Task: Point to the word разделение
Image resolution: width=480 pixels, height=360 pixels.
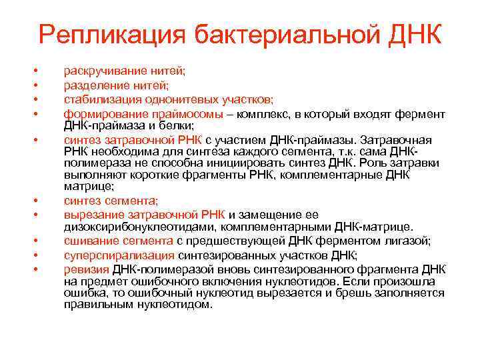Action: [94, 85]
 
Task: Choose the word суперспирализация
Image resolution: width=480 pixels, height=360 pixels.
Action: [119, 255]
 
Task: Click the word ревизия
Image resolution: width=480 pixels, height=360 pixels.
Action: [85, 269]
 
